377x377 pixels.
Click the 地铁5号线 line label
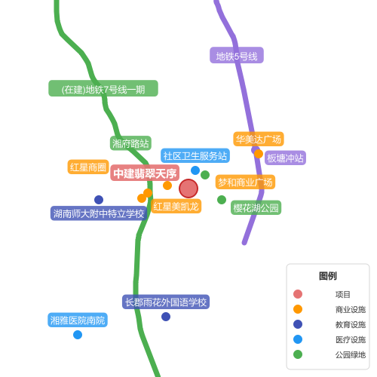pyautogui.click(x=237, y=55)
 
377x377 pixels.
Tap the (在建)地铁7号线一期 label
pyautogui.click(x=103, y=88)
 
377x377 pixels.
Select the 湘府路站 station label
pyautogui.click(x=130, y=143)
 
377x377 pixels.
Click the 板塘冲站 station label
pyautogui.click(x=285, y=158)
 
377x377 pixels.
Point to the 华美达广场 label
pyautogui.click(x=259, y=139)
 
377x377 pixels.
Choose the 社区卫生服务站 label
pyautogui.click(x=195, y=155)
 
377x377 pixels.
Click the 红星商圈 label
pyautogui.click(x=88, y=167)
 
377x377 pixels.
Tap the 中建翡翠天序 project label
pyautogui.click(x=145, y=173)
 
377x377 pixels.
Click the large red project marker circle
pyautogui.click(x=188, y=188)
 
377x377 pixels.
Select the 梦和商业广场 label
pyautogui.click(x=245, y=182)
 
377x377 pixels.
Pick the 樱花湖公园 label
pyautogui.click(x=256, y=207)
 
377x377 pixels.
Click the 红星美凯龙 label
pyautogui.click(x=176, y=206)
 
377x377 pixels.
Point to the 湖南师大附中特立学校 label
pyautogui.click(x=99, y=213)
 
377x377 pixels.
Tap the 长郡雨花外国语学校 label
pyautogui.click(x=166, y=302)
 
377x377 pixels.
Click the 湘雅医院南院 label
pyautogui.click(x=78, y=320)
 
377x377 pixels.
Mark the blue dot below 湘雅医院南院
pyautogui.click(x=78, y=335)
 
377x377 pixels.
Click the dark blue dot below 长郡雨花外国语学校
pyautogui.click(x=166, y=317)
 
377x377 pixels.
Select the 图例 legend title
pyautogui.click(x=328, y=276)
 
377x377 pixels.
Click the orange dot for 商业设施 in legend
pyautogui.click(x=298, y=309)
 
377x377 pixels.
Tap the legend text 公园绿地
pyautogui.click(x=351, y=354)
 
